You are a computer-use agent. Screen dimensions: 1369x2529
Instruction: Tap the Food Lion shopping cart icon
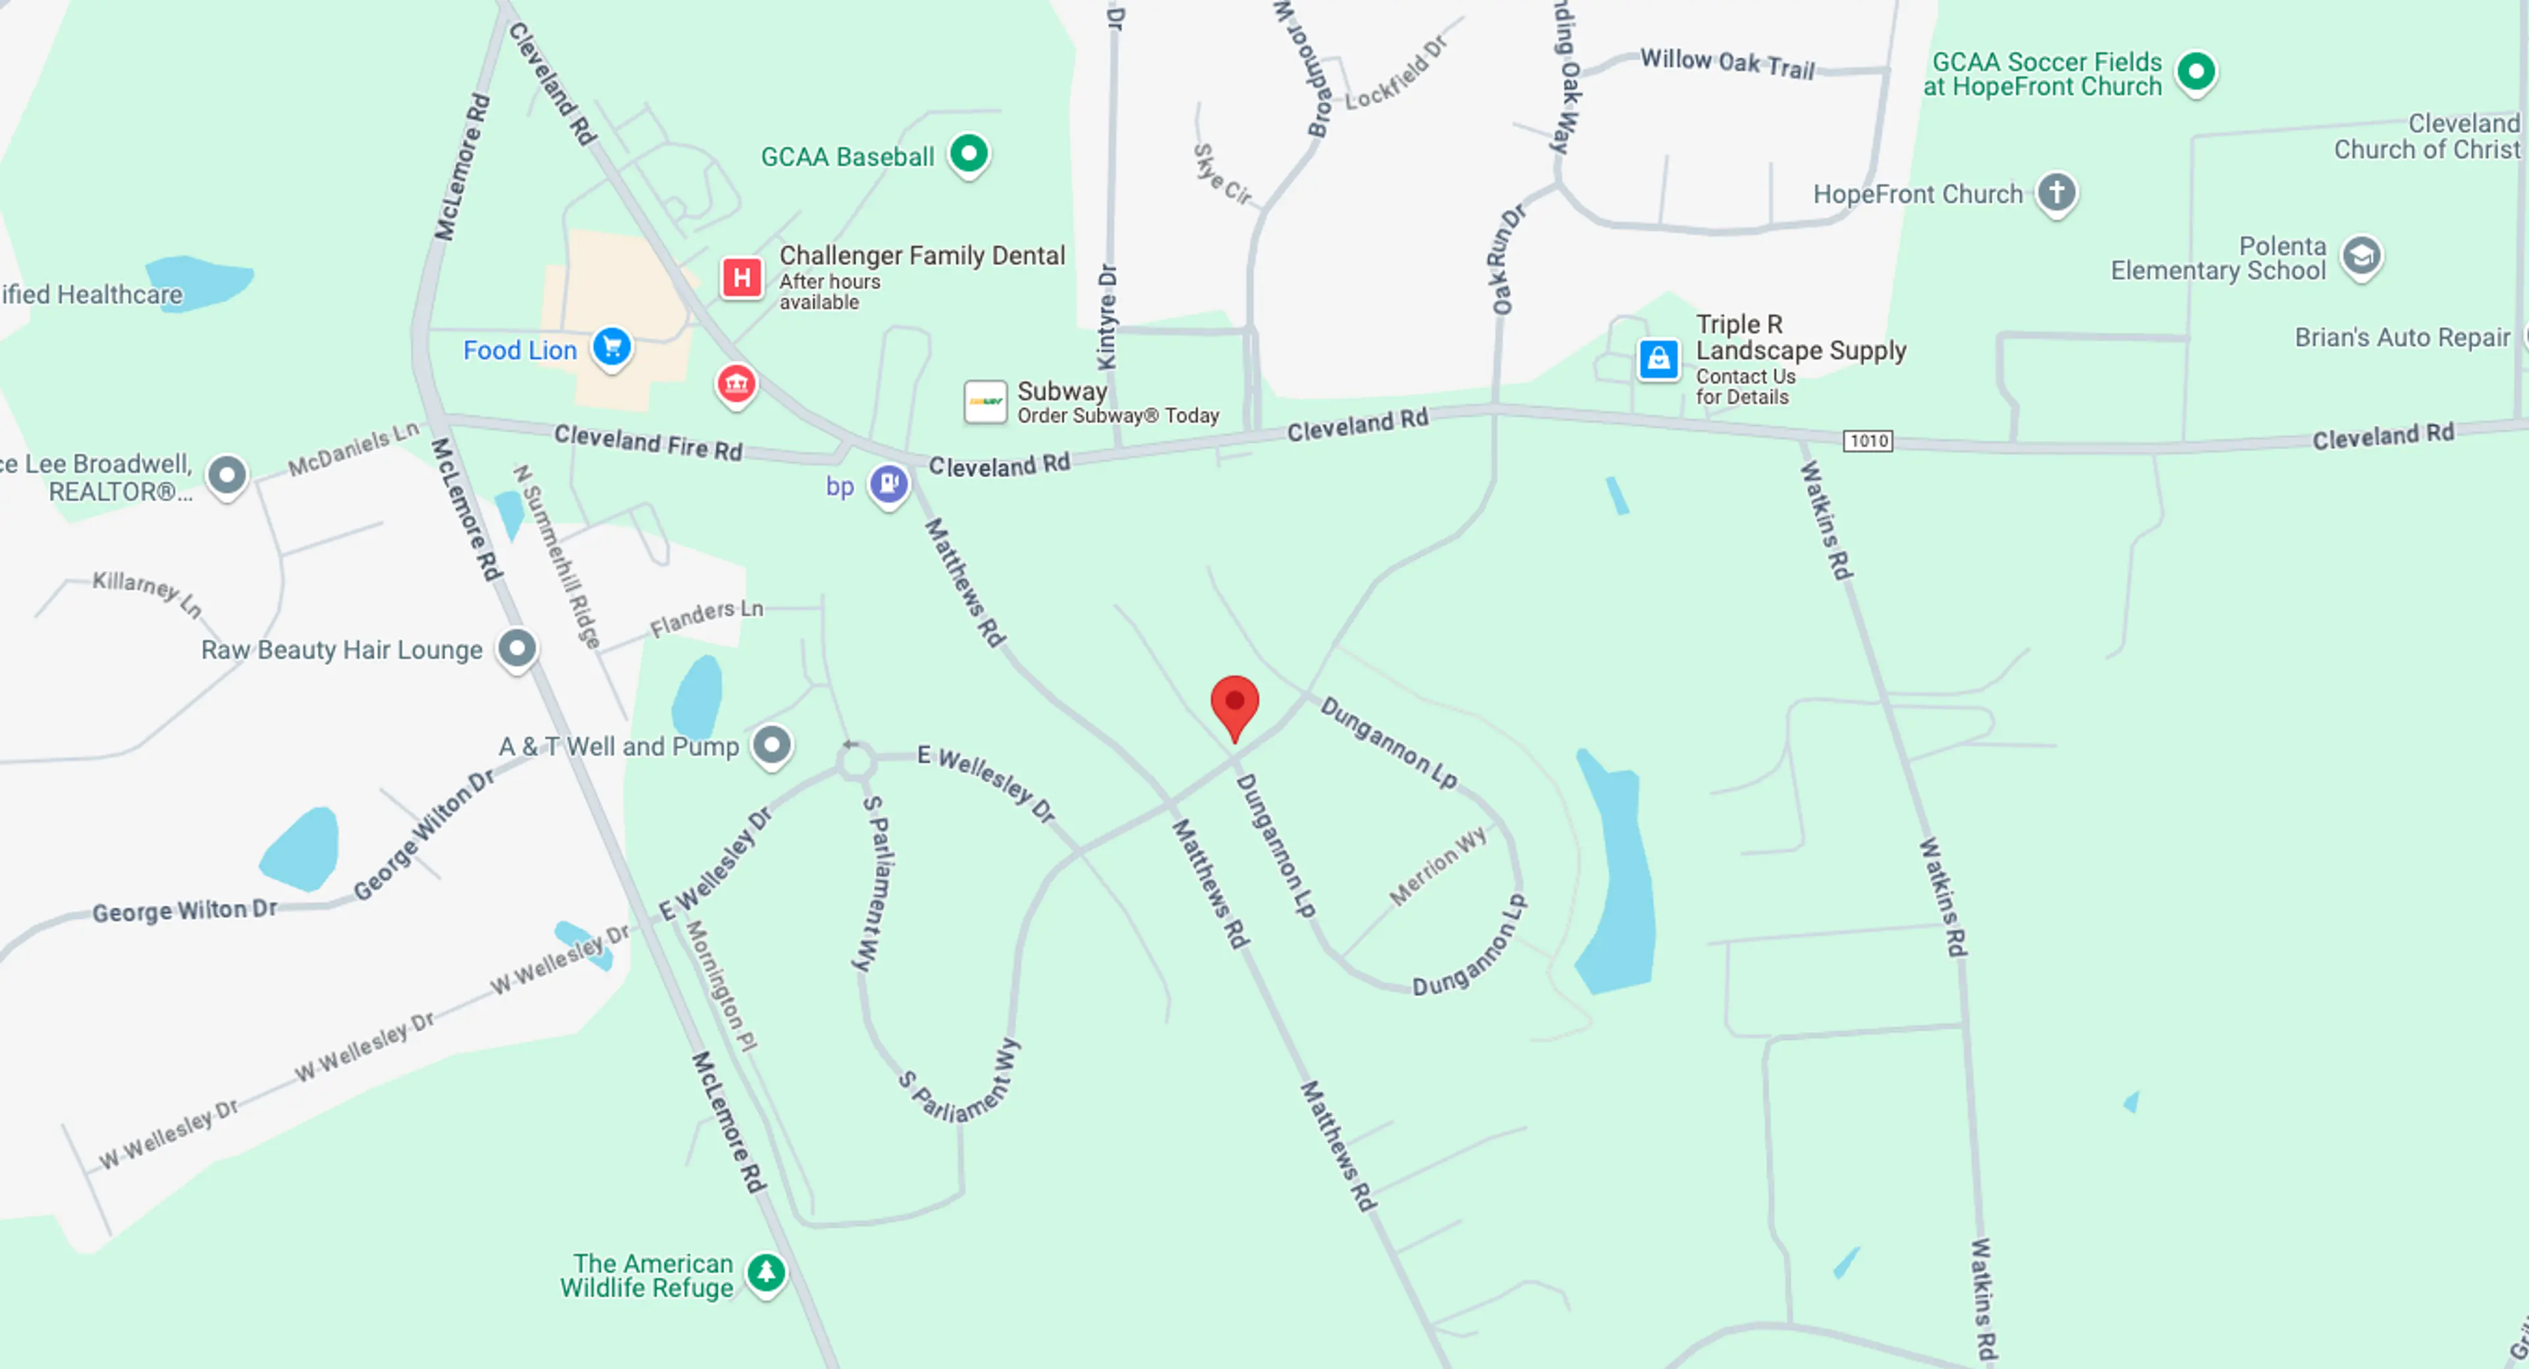coord(612,347)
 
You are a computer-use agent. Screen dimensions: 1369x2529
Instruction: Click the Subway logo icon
coord(985,402)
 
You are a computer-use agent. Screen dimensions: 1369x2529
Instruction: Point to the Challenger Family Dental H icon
coord(742,278)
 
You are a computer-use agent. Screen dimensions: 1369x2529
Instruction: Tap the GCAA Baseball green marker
coord(969,154)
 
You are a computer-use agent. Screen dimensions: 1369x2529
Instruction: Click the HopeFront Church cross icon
coord(2055,192)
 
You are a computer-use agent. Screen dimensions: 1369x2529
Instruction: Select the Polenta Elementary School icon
coord(2361,256)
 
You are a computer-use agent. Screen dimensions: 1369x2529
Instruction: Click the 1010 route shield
coord(1867,441)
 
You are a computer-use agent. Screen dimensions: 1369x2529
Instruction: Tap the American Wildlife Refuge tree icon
coord(766,1273)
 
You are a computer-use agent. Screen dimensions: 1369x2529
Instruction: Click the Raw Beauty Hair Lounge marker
coord(518,648)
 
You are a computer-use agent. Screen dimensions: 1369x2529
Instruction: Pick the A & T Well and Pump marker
coord(772,744)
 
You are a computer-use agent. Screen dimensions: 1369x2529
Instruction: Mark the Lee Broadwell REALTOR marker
coord(227,475)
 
